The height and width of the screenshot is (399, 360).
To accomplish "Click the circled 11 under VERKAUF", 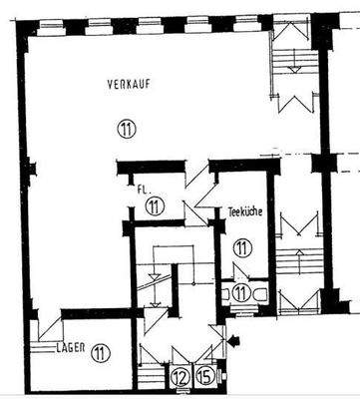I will [x=126, y=127].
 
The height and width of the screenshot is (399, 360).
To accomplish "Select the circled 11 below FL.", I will [x=153, y=206].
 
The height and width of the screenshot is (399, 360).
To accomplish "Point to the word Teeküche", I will [x=244, y=210].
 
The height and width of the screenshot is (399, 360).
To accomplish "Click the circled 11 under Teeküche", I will [x=242, y=247].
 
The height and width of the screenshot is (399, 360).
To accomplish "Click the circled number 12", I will [x=180, y=377].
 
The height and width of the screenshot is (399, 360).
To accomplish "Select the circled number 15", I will [x=205, y=377].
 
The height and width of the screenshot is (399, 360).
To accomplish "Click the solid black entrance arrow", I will [x=235, y=343].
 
